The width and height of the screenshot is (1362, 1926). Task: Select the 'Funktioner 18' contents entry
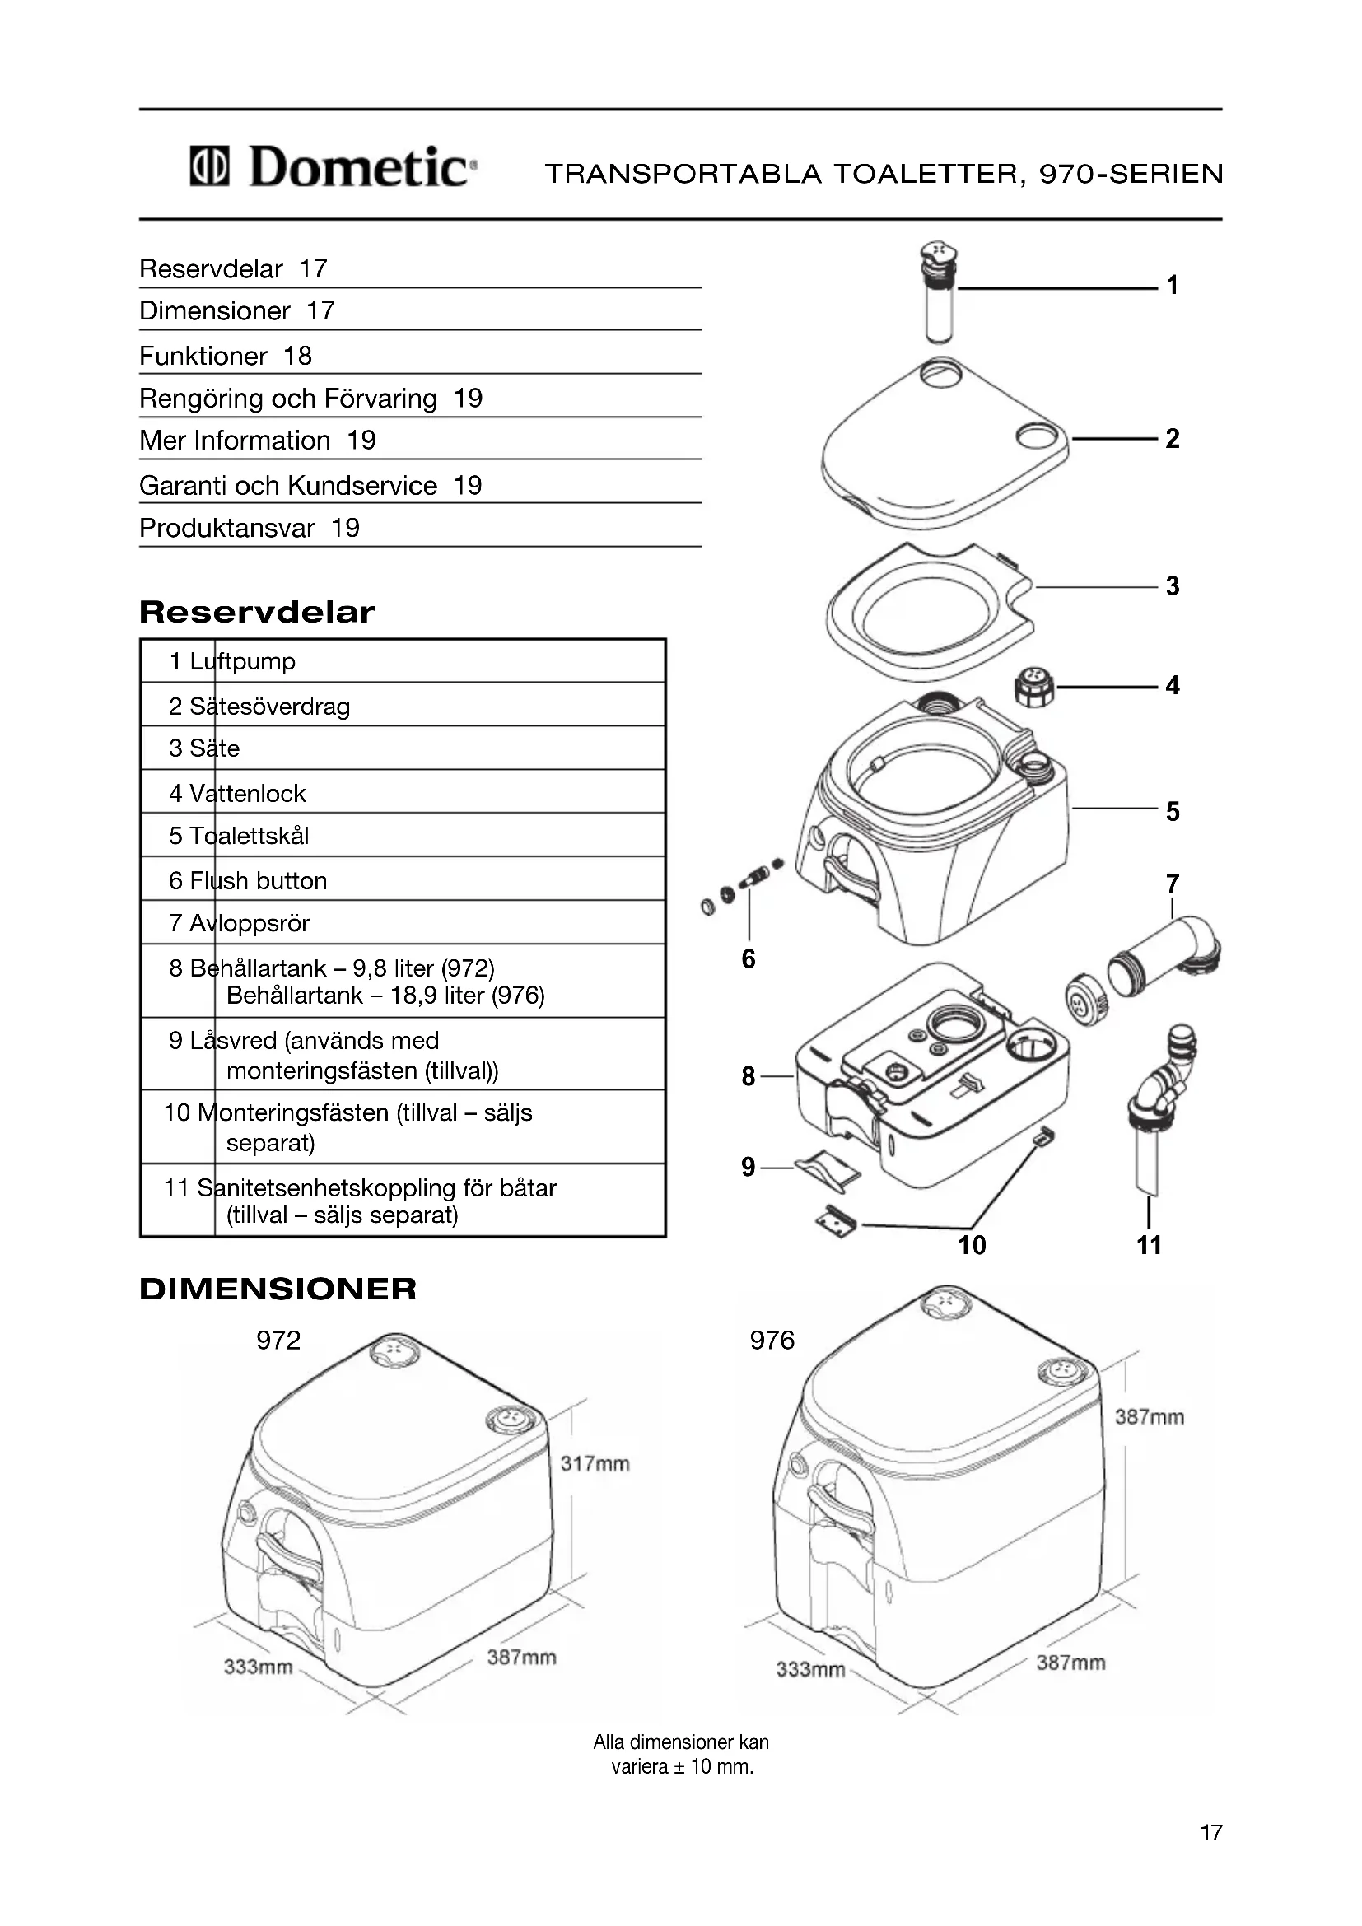coord(226,356)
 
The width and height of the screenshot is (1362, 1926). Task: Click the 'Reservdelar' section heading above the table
coord(257,613)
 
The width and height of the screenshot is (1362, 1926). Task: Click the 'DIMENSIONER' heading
coord(278,1289)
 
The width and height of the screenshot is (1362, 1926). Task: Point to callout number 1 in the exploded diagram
coord(1173,285)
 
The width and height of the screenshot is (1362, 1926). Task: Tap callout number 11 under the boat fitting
coord(1149,1245)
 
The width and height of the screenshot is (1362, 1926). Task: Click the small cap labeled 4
coord(1035,687)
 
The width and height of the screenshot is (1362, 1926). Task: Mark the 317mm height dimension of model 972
coord(595,1464)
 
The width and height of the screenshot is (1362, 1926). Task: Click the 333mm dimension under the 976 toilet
coord(810,1669)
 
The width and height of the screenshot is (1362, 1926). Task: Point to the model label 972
coord(278,1341)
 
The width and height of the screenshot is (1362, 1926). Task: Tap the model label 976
coord(772,1341)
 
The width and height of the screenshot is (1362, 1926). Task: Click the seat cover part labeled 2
coord(944,441)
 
